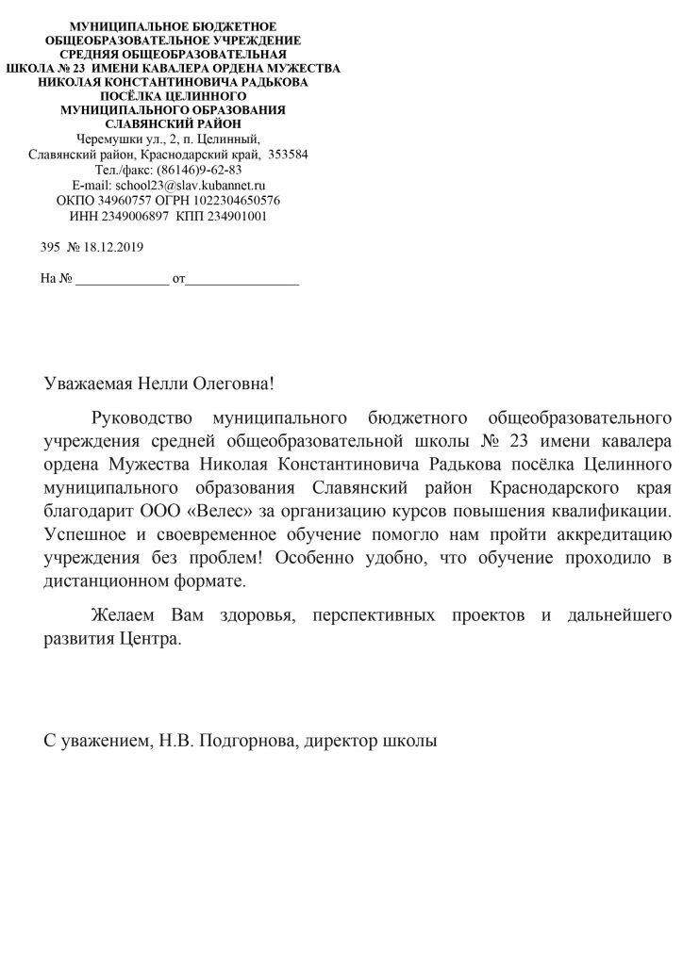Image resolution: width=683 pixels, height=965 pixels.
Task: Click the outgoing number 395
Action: pos(51,247)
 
